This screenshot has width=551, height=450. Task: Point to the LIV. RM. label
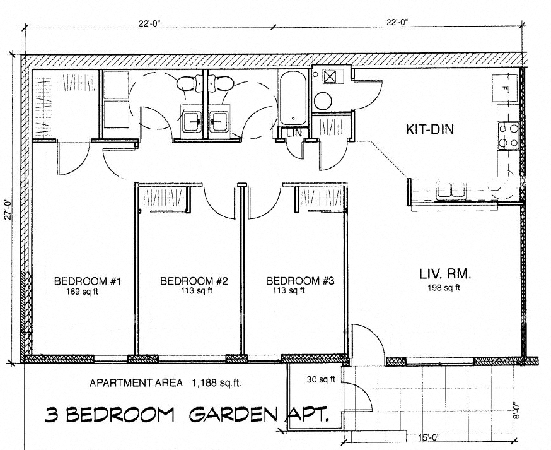click(x=445, y=275)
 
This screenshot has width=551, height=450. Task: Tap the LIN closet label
click(x=294, y=133)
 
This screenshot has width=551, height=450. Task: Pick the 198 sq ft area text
click(x=445, y=288)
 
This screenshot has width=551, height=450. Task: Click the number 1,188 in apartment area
click(x=205, y=382)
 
